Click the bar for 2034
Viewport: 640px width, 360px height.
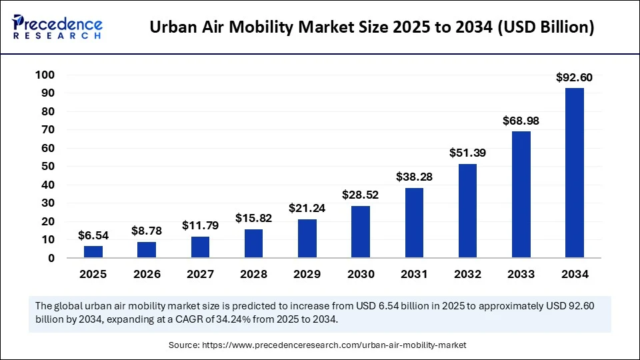(574, 173)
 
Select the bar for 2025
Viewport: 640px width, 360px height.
(93, 251)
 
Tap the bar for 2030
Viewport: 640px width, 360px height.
(361, 231)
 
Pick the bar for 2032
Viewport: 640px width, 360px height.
(467, 211)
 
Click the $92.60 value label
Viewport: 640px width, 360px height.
(574, 78)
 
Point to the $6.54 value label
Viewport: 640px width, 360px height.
(93, 235)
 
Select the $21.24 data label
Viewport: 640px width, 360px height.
(307, 209)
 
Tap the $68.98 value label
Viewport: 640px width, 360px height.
(521, 121)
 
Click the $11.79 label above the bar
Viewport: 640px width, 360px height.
(200, 226)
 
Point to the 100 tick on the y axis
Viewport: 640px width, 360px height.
(44, 75)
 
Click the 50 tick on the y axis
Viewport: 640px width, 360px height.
(47, 166)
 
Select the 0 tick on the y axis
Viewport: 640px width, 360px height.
(51, 258)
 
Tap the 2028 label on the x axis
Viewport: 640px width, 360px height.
(253, 274)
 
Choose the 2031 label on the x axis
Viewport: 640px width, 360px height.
(414, 274)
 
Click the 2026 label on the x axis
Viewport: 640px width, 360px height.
(147, 274)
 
